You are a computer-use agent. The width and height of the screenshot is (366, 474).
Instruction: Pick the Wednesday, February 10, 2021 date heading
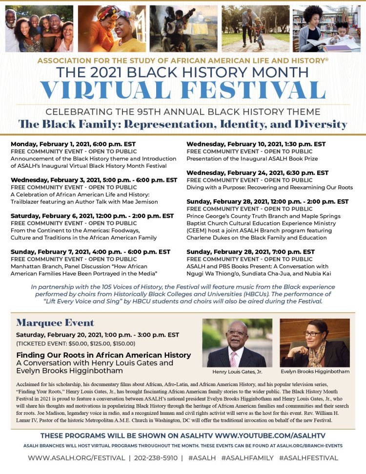click(x=256, y=144)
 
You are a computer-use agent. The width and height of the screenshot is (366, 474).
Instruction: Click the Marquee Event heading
click(x=55, y=323)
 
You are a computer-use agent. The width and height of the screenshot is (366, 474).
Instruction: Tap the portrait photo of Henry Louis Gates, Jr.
click(x=237, y=343)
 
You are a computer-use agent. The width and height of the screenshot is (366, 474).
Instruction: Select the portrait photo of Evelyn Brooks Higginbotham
click(x=315, y=343)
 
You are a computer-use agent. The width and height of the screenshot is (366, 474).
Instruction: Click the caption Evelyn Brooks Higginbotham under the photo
click(x=315, y=371)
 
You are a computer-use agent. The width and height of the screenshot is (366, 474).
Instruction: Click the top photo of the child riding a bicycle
click(x=256, y=28)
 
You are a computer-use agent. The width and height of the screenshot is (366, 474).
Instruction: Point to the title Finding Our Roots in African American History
click(x=103, y=355)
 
